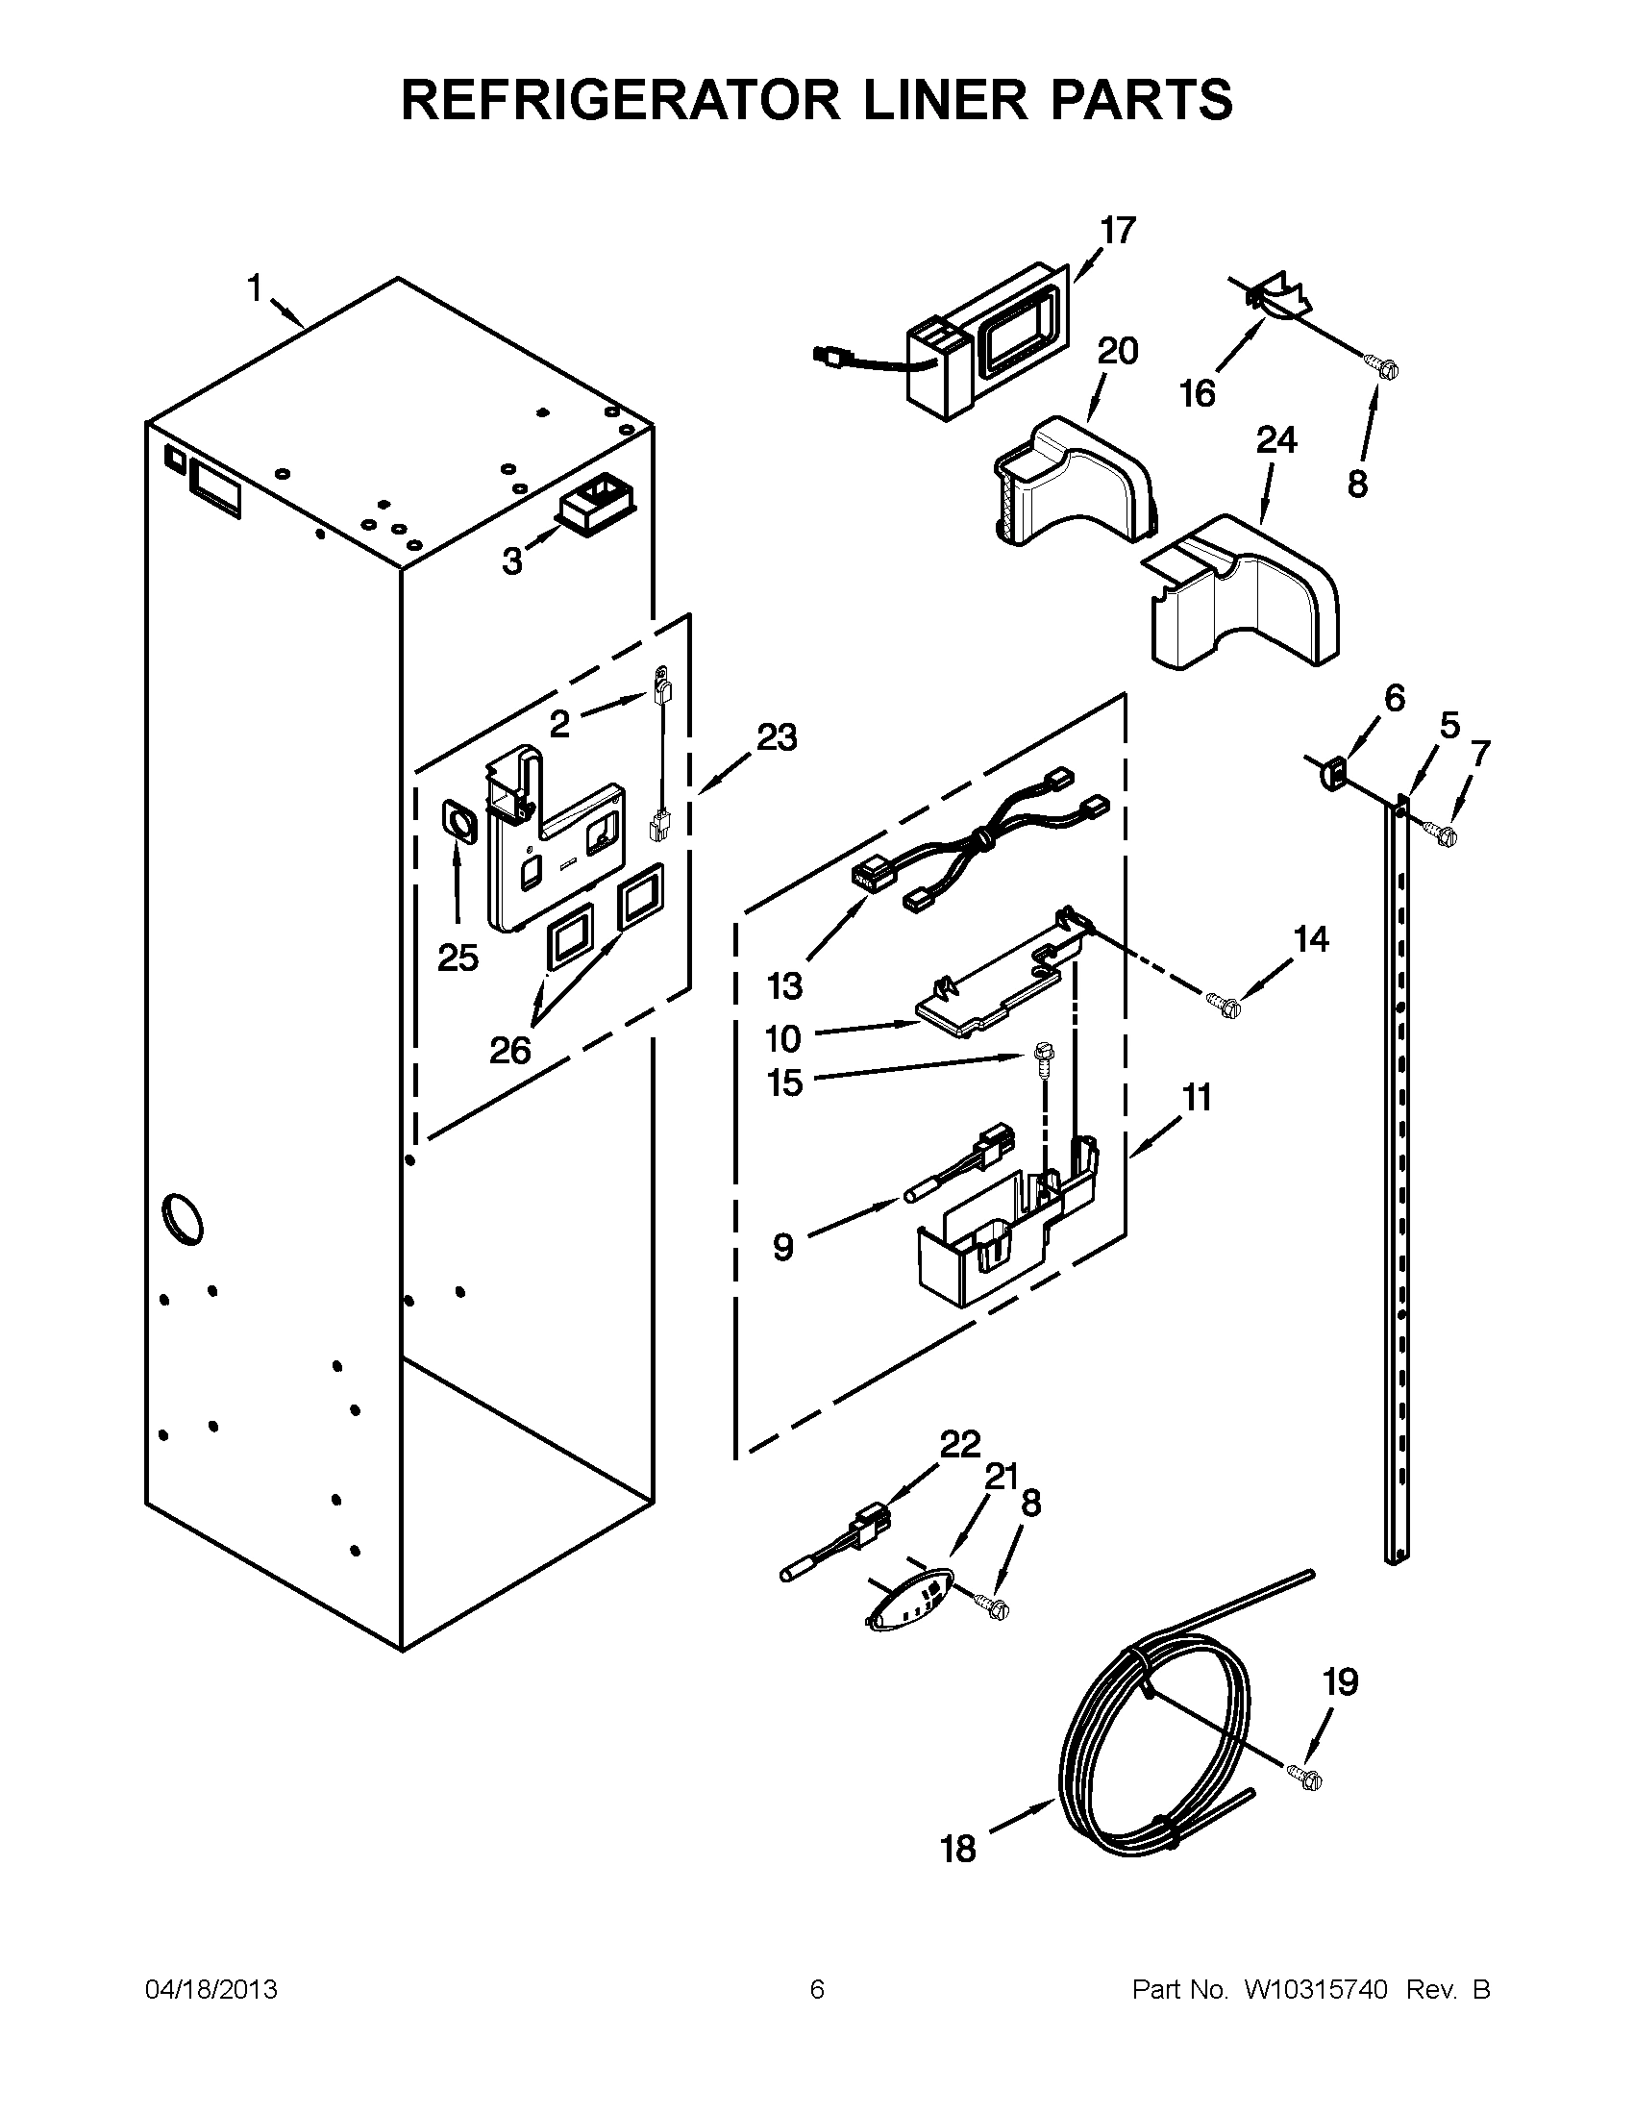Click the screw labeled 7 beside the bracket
1442,833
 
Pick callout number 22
960,1471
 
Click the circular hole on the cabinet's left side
182,1218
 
